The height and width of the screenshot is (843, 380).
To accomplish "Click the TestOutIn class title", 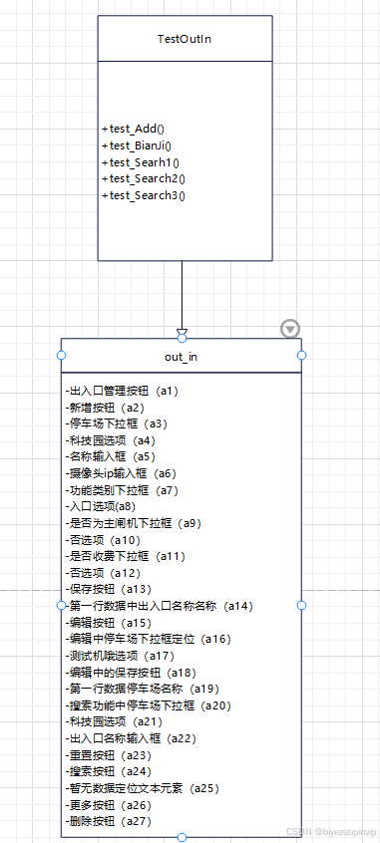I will [x=185, y=39].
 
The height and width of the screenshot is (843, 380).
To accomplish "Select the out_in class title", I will [x=182, y=357].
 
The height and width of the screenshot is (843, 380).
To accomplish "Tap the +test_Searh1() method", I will [x=140, y=161].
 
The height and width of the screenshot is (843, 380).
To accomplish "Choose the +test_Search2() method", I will [x=143, y=178].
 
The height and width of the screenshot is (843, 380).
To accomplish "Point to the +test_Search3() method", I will [x=143, y=195].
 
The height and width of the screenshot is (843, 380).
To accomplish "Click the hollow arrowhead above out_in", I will [x=182, y=332].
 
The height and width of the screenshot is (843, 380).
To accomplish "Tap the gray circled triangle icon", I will [x=289, y=328].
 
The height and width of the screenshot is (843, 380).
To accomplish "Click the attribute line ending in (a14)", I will [x=159, y=605].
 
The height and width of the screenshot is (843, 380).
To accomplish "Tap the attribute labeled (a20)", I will [x=149, y=704].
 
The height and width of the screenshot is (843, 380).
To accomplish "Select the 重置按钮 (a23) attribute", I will [x=110, y=754].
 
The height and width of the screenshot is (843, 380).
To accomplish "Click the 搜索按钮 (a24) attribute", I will [x=110, y=770].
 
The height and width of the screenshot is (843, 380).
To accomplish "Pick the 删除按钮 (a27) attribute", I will [x=110, y=821].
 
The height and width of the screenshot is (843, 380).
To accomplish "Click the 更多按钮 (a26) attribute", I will [x=110, y=804].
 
